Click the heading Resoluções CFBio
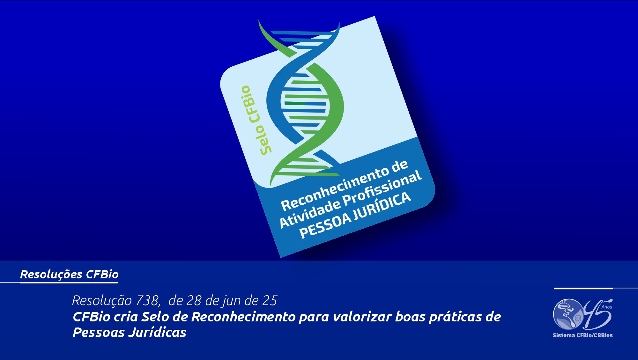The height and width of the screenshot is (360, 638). coord(69,274)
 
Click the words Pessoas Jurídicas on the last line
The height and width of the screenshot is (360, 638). coord(130,333)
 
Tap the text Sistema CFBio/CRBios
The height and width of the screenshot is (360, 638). coord(582,335)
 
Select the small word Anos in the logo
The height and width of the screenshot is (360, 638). coord(607,307)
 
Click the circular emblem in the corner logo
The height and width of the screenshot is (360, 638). coord(568,314)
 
